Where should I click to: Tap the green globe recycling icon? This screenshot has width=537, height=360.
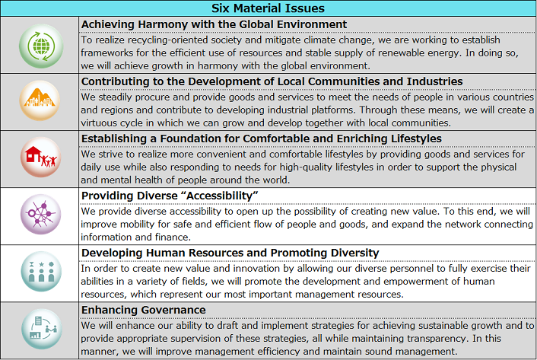coord(40,45)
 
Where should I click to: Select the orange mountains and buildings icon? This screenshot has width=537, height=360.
coord(40,102)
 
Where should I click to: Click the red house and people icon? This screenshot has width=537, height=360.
coord(40,159)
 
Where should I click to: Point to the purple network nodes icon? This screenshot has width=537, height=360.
coord(40,216)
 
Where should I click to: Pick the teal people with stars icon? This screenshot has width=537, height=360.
coord(40,273)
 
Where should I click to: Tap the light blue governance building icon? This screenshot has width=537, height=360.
coord(40,330)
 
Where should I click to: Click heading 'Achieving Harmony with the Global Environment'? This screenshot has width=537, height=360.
coord(214,25)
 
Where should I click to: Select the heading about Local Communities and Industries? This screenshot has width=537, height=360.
coord(272,81)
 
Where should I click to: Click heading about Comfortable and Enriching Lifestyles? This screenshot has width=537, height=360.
coord(261,138)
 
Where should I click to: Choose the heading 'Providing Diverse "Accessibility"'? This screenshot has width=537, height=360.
coord(170,196)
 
